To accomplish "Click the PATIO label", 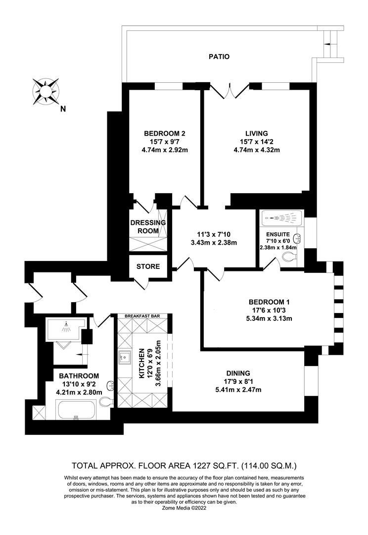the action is click(219, 56).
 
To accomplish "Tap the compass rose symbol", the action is click(46, 91).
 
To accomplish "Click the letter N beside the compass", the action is click(63, 109).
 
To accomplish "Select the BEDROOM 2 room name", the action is click(164, 133).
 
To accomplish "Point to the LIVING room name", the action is click(257, 133).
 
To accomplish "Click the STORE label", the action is click(148, 267).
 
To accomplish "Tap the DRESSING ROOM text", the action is click(148, 226).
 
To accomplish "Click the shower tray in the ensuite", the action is click(281, 217).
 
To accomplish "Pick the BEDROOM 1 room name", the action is click(269, 302).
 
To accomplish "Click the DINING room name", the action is click(238, 374).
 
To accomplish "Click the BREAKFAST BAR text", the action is click(142, 316).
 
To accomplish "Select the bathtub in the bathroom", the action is click(76, 410).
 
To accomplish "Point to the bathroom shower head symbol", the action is click(65, 328).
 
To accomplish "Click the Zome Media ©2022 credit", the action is click(184, 508).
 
